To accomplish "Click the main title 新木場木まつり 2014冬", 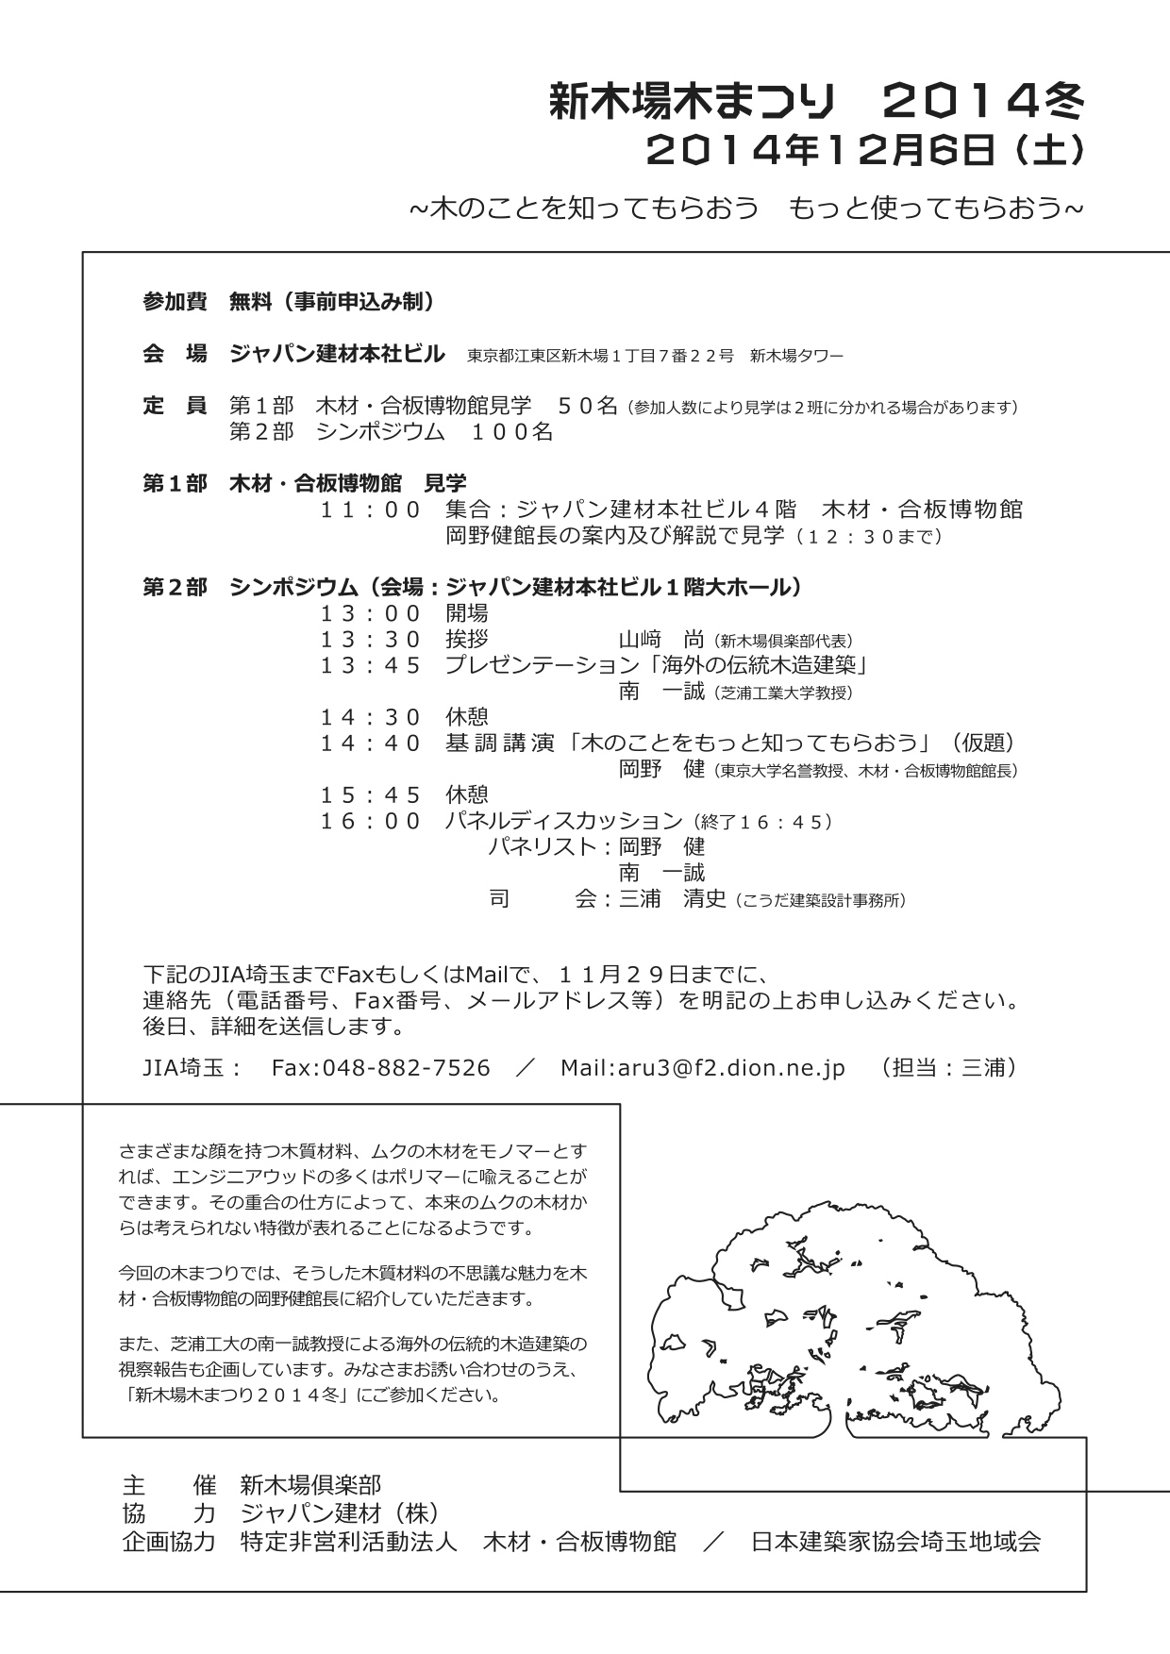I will pyautogui.click(x=815, y=101).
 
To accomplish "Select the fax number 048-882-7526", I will pyautogui.click(x=407, y=1068).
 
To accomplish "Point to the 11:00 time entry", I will pyautogui.click(x=370, y=510).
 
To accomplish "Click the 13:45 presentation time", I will pyautogui.click(x=370, y=665).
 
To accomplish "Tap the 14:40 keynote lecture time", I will pyautogui.click(x=370, y=743).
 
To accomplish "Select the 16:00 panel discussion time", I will pyautogui.click(x=370, y=821).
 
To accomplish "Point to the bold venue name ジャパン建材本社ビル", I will pyautogui.click(x=337, y=355).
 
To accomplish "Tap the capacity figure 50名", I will pyautogui.click(x=587, y=407).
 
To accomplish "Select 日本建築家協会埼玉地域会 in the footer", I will pyautogui.click(x=895, y=1542).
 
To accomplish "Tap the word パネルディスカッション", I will pyautogui.click(x=563, y=821).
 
